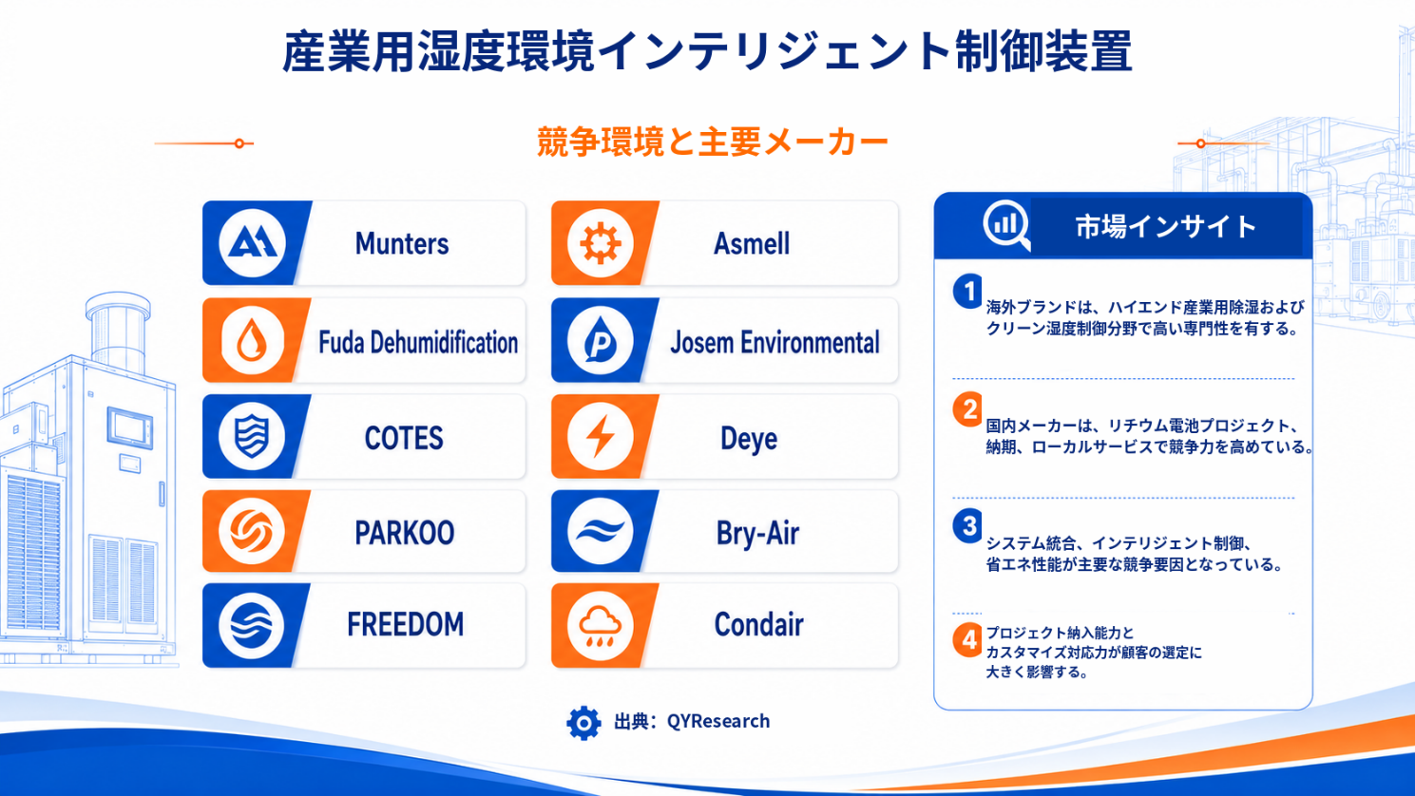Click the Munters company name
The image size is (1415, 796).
[402, 244]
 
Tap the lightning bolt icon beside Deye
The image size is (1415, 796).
[600, 436]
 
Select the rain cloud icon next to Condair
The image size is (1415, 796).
[600, 626]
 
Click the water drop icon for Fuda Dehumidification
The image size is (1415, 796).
[252, 340]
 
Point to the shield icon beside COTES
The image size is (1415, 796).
[252, 436]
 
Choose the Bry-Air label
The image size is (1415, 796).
[757, 534]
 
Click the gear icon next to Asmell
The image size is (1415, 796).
[600, 243]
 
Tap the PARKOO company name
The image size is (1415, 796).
[404, 533]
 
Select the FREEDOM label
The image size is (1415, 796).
[406, 624]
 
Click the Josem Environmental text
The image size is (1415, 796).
[774, 343]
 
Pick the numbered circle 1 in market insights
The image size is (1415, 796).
[967, 291]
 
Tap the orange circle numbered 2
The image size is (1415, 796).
[967, 409]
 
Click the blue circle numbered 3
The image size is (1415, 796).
[967, 526]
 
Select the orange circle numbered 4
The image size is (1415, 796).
[967, 641]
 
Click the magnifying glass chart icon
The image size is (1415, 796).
[1006, 225]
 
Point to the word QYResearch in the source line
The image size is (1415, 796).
[718, 721]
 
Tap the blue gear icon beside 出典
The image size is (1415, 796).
[583, 723]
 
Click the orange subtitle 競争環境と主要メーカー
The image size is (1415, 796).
[713, 142]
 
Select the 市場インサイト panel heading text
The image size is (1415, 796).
[1165, 227]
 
